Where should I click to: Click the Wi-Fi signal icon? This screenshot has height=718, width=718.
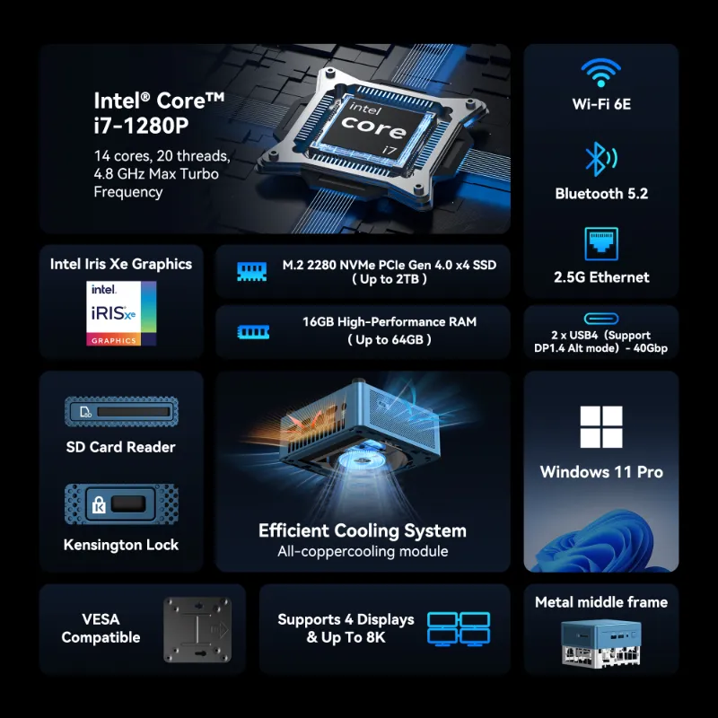pyautogui.click(x=600, y=73)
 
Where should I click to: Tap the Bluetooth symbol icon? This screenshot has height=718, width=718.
pyautogui.click(x=600, y=160)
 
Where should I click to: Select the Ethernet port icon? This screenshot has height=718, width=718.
pyautogui.click(x=601, y=243)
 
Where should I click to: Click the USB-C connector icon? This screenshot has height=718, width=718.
pyautogui.click(x=601, y=319)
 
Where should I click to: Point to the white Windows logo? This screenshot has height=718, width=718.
pyautogui.click(x=601, y=427)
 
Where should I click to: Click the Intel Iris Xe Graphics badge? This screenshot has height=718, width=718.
pyautogui.click(x=121, y=313)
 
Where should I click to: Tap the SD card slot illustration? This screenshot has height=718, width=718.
pyautogui.click(x=121, y=412)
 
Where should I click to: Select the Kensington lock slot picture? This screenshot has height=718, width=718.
pyautogui.click(x=121, y=504)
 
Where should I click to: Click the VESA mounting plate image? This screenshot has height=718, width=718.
pyautogui.click(x=197, y=630)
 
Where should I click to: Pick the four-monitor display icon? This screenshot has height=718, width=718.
pyautogui.click(x=459, y=629)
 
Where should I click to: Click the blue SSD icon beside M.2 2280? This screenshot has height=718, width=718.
pyautogui.click(x=252, y=272)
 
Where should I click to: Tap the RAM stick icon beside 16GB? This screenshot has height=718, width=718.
pyautogui.click(x=253, y=331)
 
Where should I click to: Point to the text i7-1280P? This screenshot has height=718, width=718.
pyautogui.click(x=141, y=126)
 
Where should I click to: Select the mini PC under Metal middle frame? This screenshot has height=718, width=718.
pyautogui.click(x=600, y=644)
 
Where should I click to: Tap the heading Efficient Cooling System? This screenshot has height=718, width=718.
pyautogui.click(x=363, y=530)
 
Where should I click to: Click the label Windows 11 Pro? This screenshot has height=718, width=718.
pyautogui.click(x=601, y=472)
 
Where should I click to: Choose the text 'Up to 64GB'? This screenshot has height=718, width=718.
pyautogui.click(x=390, y=340)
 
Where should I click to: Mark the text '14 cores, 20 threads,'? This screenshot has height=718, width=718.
pyautogui.click(x=162, y=156)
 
